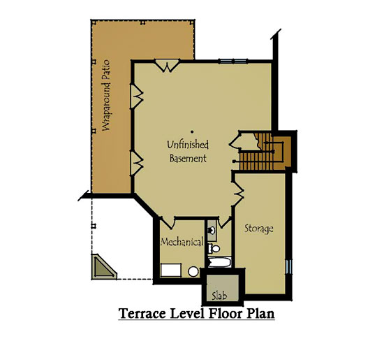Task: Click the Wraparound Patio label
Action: click(x=106, y=95)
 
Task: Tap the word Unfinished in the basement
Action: click(x=188, y=145)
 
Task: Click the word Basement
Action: click(x=188, y=158)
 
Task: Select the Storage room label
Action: click(x=259, y=229)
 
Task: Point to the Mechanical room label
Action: click(x=182, y=242)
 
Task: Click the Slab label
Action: click(x=219, y=296)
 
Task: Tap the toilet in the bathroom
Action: click(x=214, y=249)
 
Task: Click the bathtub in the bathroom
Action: click(x=219, y=262)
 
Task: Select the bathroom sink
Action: click(x=212, y=230)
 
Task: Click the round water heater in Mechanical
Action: click(x=193, y=272)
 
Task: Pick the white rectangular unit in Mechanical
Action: click(x=171, y=271)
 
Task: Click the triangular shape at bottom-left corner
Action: click(x=104, y=266)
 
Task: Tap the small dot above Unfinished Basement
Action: click(x=192, y=131)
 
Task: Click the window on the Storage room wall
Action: click(x=289, y=266)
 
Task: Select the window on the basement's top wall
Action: click(x=233, y=62)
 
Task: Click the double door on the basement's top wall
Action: click(x=168, y=65)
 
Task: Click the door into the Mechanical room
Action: click(x=168, y=222)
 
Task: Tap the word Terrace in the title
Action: click(x=142, y=313)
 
